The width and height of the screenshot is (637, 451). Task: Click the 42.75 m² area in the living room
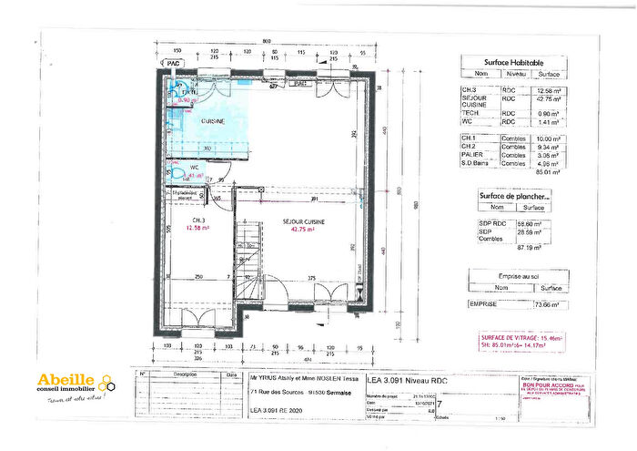pyautogui.click(x=302, y=230)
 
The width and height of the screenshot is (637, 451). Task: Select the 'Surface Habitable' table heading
pyautogui.click(x=512, y=63)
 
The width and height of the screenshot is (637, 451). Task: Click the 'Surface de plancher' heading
pyautogui.click(x=512, y=196)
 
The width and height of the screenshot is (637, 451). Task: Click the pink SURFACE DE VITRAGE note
pyautogui.click(x=514, y=342)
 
